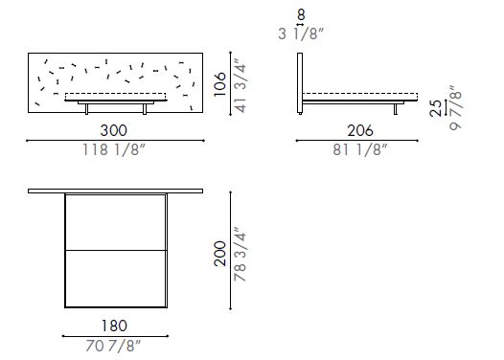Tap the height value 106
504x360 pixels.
pyautogui.click(x=220, y=84)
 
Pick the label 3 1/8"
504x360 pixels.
pyautogui.click(x=302, y=34)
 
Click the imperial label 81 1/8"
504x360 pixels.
pyautogui.click(x=360, y=149)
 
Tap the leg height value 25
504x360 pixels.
pyautogui.click(x=436, y=109)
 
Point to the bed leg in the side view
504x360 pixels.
pyautogui.click(x=395, y=109)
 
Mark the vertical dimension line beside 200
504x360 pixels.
pyautogui.click(x=231, y=251)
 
